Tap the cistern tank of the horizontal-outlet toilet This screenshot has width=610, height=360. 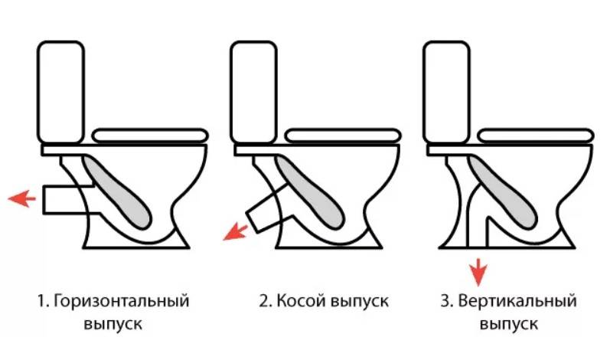60,92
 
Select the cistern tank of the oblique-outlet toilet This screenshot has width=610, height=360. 253,92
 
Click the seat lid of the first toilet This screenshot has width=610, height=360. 150,135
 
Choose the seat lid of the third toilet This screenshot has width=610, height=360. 536,135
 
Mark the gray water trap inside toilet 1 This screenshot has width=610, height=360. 126,191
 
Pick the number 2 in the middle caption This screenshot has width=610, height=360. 263,301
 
